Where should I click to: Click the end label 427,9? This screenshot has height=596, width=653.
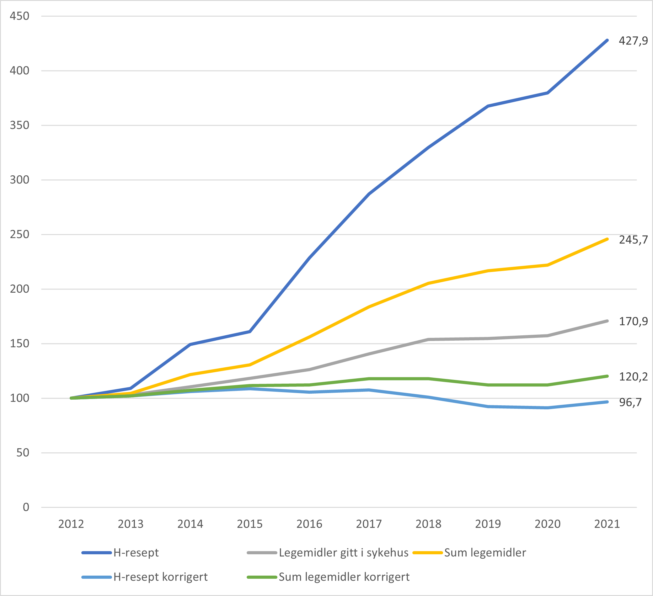tap(633, 41)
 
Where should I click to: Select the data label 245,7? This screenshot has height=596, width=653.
tap(633, 240)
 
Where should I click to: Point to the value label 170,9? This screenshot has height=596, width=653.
tap(633, 322)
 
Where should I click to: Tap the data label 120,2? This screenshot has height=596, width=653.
tap(633, 376)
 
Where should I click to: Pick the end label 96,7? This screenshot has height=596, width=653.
tap(630, 402)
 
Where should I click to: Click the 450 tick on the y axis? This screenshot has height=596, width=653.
tap(19, 16)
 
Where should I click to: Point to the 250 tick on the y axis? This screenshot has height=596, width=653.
tap(19, 234)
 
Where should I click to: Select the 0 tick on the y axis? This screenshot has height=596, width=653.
tap(26, 507)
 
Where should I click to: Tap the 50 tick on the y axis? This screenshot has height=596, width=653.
tap(23, 453)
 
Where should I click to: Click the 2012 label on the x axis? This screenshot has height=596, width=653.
tap(71, 524)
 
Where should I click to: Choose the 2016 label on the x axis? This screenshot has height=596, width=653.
tap(309, 524)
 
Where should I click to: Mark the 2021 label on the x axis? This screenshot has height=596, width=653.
tap(607, 524)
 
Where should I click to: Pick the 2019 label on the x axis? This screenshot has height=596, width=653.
tap(488, 524)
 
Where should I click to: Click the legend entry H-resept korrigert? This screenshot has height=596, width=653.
tap(160, 577)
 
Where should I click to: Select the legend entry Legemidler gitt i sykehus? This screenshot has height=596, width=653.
tap(343, 553)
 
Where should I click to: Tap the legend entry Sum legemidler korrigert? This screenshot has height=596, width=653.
tap(344, 577)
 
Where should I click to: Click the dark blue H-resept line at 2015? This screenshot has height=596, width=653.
tap(250, 332)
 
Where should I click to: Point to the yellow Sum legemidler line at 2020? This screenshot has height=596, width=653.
tap(547, 265)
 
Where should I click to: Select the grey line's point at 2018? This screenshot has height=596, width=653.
tap(428, 340)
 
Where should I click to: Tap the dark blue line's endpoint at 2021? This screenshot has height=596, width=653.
tap(607, 40)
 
